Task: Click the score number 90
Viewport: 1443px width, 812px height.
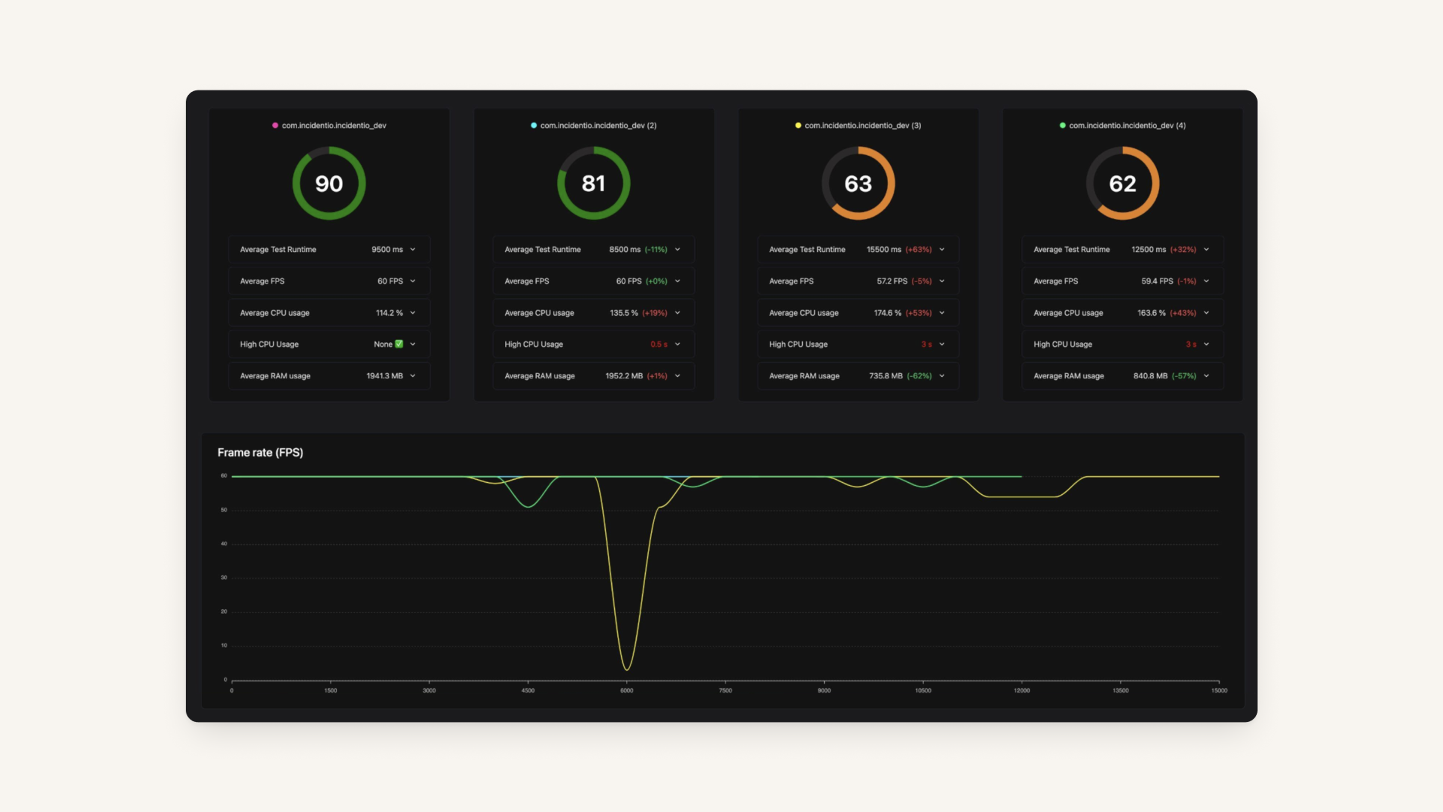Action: click(x=329, y=184)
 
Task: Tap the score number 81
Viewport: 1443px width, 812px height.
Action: click(x=593, y=184)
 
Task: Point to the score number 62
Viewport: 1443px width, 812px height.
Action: click(x=1122, y=184)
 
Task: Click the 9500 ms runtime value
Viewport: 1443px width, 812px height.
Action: click(x=387, y=249)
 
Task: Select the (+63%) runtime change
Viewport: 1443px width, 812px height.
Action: click(x=919, y=249)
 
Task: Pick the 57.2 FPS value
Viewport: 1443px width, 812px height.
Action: click(x=892, y=281)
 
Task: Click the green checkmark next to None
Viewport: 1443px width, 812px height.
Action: click(x=399, y=344)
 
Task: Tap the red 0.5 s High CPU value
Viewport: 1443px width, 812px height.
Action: click(x=659, y=344)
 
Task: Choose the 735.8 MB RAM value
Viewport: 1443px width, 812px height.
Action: click(x=886, y=376)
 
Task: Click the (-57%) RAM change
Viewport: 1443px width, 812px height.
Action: click(x=1184, y=376)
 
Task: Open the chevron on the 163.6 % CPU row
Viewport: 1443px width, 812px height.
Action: click(x=1206, y=313)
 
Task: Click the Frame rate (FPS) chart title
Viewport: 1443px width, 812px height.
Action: click(x=260, y=453)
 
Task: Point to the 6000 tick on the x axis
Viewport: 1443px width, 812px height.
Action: click(x=626, y=691)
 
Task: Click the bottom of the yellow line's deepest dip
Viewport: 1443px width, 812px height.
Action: click(x=626, y=670)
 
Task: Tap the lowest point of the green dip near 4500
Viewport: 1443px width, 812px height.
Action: click(x=528, y=507)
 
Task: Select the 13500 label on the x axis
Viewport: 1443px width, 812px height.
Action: click(x=1120, y=691)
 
